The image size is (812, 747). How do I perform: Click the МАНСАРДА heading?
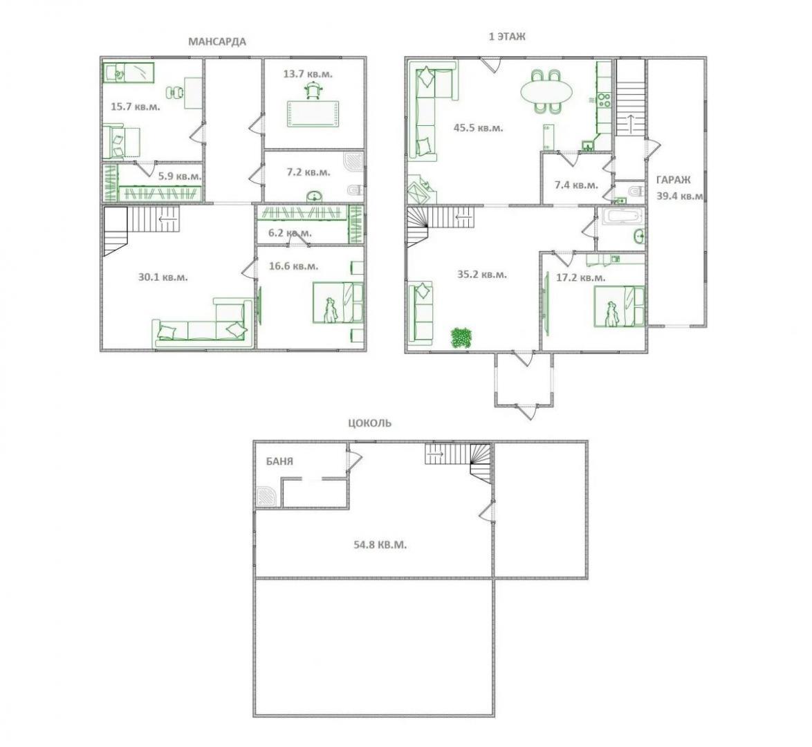pyautogui.click(x=217, y=41)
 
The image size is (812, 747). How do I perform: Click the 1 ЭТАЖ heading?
pyautogui.click(x=507, y=36)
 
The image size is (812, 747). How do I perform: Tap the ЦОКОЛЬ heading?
pyautogui.click(x=369, y=423)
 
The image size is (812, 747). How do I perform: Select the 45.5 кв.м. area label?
pyautogui.click(x=478, y=127)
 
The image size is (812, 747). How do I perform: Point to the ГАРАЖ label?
pyautogui.click(x=673, y=180)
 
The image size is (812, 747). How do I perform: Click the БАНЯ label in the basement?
pyautogui.click(x=279, y=461)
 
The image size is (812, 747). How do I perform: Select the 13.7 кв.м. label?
pyautogui.click(x=308, y=74)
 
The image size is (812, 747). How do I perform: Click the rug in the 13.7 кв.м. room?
pyautogui.click(x=314, y=113)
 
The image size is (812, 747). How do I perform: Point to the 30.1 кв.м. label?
pyautogui.click(x=163, y=277)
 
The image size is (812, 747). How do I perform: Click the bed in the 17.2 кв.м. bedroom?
pyautogui.click(x=619, y=307)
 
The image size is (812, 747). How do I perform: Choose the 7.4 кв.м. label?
pyautogui.click(x=576, y=185)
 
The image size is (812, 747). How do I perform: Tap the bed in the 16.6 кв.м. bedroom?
pyautogui.click(x=338, y=302)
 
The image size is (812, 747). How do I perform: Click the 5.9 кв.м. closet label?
pyautogui.click(x=180, y=176)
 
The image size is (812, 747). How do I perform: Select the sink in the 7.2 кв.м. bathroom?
pyautogui.click(x=313, y=196)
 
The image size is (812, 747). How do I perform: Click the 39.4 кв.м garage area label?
pyautogui.click(x=680, y=196)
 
